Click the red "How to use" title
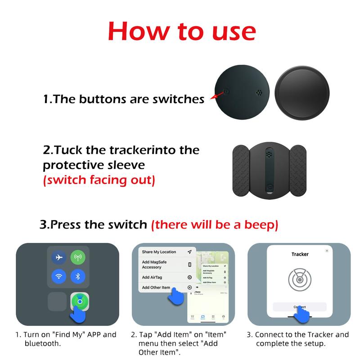coord(182,31)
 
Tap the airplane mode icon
coord(59,257)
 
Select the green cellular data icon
coord(77,257)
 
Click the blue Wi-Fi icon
coord(59,276)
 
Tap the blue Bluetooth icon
coord(77,276)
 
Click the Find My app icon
coord(79,301)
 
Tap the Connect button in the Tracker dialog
coord(300,307)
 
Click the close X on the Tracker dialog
coord(327,251)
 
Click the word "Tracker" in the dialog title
coord(300,254)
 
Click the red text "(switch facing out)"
coord(99,180)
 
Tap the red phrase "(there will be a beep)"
coord(215,225)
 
